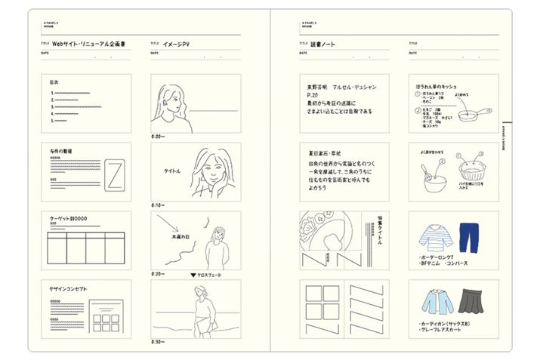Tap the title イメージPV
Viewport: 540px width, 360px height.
click(175, 45)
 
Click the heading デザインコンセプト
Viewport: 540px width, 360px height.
click(67, 288)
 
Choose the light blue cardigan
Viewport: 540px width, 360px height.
click(434, 303)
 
